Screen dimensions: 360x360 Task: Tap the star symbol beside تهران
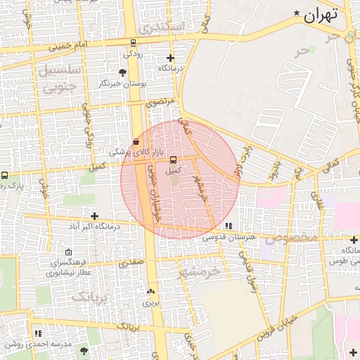297,13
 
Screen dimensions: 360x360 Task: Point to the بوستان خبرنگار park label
124,83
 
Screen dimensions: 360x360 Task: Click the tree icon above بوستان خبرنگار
124,72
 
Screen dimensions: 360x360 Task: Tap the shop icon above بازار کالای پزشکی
136,141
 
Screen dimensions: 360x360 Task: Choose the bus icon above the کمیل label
173,160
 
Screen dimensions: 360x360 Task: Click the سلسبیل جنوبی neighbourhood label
56,79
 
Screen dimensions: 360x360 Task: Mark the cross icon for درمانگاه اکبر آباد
94,215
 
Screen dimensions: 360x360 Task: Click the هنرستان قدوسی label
229,238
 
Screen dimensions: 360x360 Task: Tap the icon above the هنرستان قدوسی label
229,226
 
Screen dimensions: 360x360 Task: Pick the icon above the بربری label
151,291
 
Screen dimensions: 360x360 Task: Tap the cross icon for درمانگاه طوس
354,240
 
